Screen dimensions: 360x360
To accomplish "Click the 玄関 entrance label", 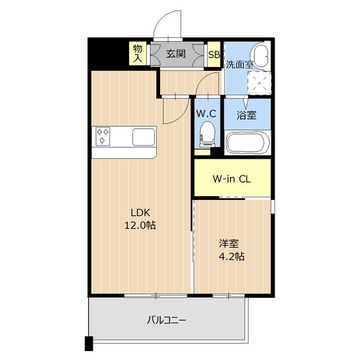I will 176,53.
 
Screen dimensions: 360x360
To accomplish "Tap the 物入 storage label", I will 138,53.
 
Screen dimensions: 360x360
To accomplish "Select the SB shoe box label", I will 214,54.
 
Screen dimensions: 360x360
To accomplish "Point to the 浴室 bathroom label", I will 246,116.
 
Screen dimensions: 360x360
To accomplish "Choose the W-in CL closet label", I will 231,179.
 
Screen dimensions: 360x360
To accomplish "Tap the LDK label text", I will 141,213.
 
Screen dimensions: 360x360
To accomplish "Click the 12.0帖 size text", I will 141,226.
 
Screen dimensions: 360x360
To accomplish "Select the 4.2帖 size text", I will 231,256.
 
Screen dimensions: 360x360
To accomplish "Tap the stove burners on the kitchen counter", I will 103,137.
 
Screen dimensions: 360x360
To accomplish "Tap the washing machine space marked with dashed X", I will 260,82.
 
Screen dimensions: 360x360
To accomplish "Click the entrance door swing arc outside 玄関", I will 167,26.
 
